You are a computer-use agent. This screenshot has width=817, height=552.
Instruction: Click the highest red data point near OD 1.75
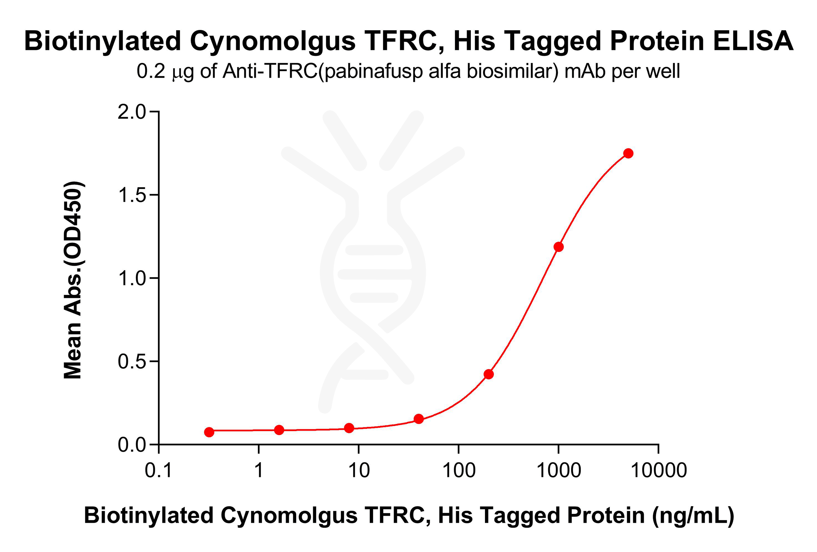coord(628,153)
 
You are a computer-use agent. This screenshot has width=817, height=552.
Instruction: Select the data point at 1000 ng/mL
coord(559,247)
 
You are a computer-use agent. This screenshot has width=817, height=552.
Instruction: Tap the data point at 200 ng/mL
coord(489,374)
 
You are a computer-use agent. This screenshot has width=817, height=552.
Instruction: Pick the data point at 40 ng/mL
coord(419,419)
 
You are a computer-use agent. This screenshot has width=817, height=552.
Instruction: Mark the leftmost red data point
coord(209,432)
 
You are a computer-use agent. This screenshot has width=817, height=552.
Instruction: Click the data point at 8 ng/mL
coord(349,428)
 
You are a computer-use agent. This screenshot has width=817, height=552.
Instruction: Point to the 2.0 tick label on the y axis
coord(132,112)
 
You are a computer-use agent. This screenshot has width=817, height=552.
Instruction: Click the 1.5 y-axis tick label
coord(132,195)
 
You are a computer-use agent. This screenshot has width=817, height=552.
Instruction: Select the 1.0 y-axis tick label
coord(132,278)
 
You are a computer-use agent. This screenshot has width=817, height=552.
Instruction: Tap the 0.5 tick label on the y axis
coord(132,361)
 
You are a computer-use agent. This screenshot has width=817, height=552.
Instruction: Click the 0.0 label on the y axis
coord(132,445)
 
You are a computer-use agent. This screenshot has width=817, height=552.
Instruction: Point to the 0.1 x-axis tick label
coord(158,471)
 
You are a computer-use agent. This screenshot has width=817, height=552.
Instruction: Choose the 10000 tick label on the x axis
coord(659,471)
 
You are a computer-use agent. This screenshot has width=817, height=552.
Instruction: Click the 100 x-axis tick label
coord(459,471)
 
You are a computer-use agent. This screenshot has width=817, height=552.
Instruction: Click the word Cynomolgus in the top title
coord(273,41)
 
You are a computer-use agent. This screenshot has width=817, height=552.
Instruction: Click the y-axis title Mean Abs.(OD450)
coord(73,280)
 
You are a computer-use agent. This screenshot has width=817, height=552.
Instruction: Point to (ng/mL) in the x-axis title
coord(693,516)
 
